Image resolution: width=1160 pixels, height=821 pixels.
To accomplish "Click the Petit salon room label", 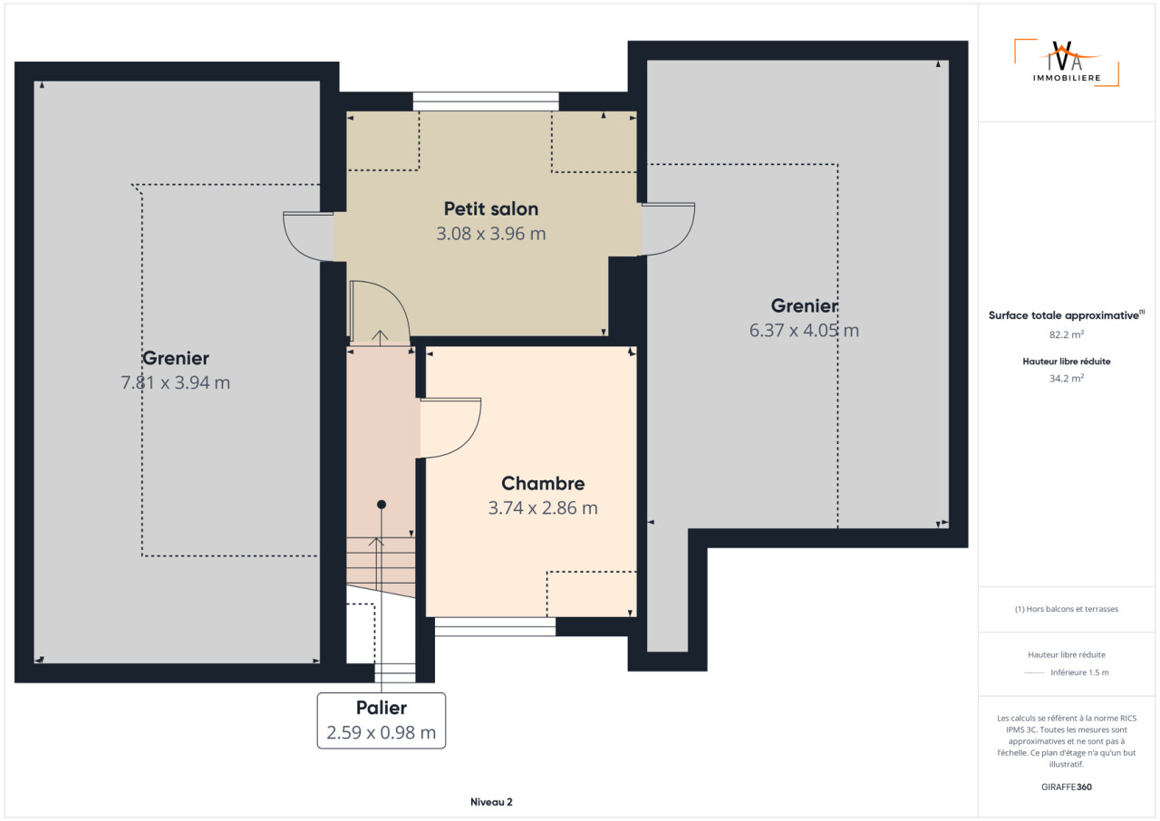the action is [491, 208].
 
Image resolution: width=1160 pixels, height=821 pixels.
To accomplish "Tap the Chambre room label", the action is [543, 483].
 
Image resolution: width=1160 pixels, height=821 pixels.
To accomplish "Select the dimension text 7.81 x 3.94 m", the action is [176, 382].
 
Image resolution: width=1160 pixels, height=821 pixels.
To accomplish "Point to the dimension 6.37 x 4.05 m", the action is [804, 330].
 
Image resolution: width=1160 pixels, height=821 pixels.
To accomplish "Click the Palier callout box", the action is [382, 720].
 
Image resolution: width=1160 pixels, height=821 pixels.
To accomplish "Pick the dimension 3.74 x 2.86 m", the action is [543, 507].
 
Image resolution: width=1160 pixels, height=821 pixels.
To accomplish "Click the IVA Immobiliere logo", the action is [1067, 63].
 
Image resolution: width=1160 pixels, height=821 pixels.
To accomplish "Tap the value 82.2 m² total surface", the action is [1067, 334].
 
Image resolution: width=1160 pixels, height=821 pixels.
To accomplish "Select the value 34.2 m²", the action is [1067, 379].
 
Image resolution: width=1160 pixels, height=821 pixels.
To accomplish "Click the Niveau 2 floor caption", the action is [491, 802].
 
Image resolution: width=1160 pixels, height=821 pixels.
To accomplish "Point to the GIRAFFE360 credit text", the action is [1067, 787].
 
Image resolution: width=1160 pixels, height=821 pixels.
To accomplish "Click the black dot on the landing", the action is [382, 504].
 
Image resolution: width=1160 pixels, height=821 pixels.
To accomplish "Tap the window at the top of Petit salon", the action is [486, 101].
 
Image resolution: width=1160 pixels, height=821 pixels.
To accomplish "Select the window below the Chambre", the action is [495, 626].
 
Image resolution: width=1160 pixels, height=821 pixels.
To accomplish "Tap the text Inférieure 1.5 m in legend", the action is [1079, 672].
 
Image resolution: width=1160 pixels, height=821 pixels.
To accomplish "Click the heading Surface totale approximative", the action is [1064, 315].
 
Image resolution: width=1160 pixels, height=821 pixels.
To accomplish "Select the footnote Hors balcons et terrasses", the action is [1067, 609].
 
